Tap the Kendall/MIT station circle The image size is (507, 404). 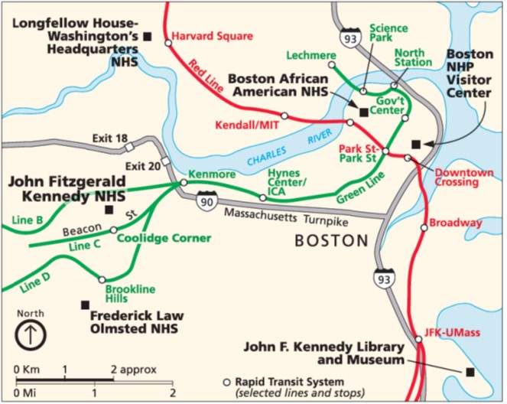click(284, 116)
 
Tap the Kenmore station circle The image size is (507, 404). click(184, 183)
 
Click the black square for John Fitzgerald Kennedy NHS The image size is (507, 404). click(109, 210)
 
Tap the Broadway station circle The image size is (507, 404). click(424, 226)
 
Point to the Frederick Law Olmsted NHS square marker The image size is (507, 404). click(85, 305)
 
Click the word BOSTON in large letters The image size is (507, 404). click(332, 240)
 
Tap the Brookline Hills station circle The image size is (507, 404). click(102, 279)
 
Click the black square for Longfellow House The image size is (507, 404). click(148, 36)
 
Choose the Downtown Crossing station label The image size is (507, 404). click(463, 178)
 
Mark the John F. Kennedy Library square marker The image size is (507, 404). click(470, 372)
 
